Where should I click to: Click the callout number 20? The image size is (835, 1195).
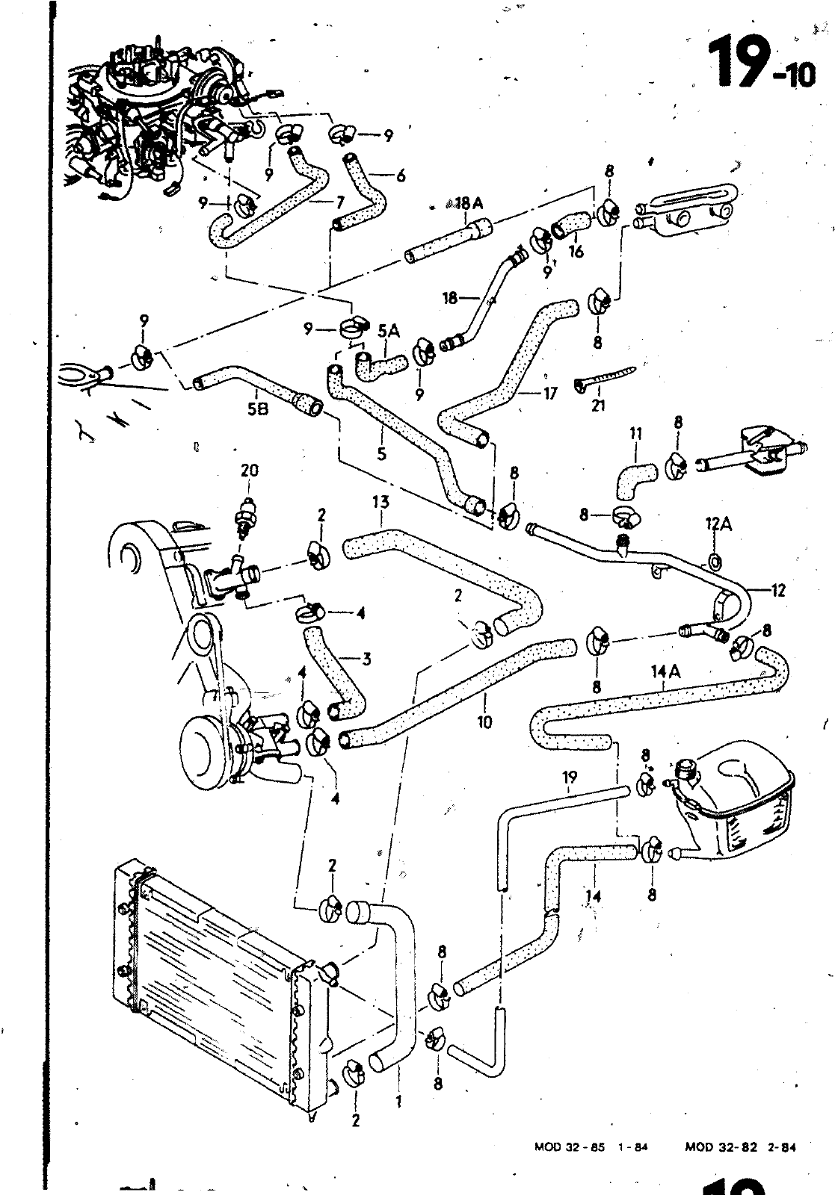pyautogui.click(x=250, y=471)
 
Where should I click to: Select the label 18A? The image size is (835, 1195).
pyautogui.click(x=469, y=202)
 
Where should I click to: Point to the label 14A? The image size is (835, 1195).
pyautogui.click(x=666, y=673)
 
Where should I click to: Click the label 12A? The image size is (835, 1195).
pyautogui.click(x=717, y=526)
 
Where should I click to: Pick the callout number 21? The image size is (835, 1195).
pyautogui.click(x=598, y=406)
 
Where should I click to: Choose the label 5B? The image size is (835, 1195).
pyautogui.click(x=256, y=410)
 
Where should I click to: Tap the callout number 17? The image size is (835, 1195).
pyautogui.click(x=550, y=393)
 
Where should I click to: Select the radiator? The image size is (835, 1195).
pyautogui.click(x=217, y=978)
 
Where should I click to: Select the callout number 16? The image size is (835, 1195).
pyautogui.click(x=576, y=252)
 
